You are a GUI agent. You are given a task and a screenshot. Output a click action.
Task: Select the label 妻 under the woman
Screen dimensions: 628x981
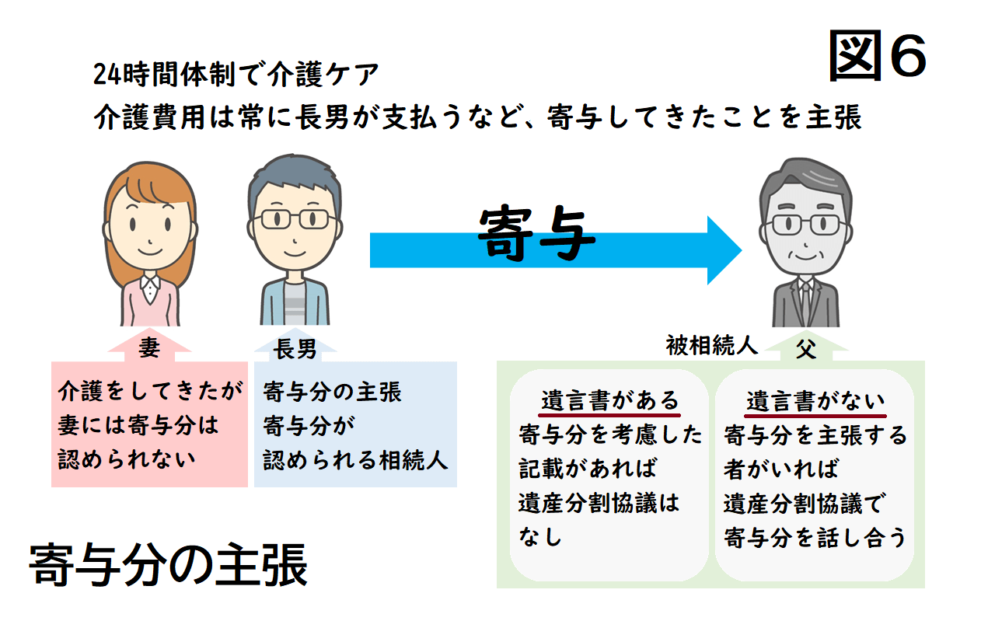[x=148, y=348]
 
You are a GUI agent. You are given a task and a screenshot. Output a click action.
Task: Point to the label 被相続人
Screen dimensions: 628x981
[x=711, y=345]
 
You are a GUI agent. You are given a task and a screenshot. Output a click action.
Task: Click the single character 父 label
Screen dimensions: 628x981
[x=805, y=350]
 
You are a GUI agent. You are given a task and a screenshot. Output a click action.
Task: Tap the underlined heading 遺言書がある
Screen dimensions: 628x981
[x=610, y=401]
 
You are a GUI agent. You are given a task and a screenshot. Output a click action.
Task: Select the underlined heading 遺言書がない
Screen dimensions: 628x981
[x=815, y=401]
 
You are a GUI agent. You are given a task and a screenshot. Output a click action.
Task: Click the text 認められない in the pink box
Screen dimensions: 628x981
[x=127, y=459]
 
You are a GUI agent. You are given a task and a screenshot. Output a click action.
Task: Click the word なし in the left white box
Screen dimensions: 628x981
[x=539, y=536]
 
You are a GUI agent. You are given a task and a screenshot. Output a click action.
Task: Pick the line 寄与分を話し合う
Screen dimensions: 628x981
[x=815, y=537]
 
